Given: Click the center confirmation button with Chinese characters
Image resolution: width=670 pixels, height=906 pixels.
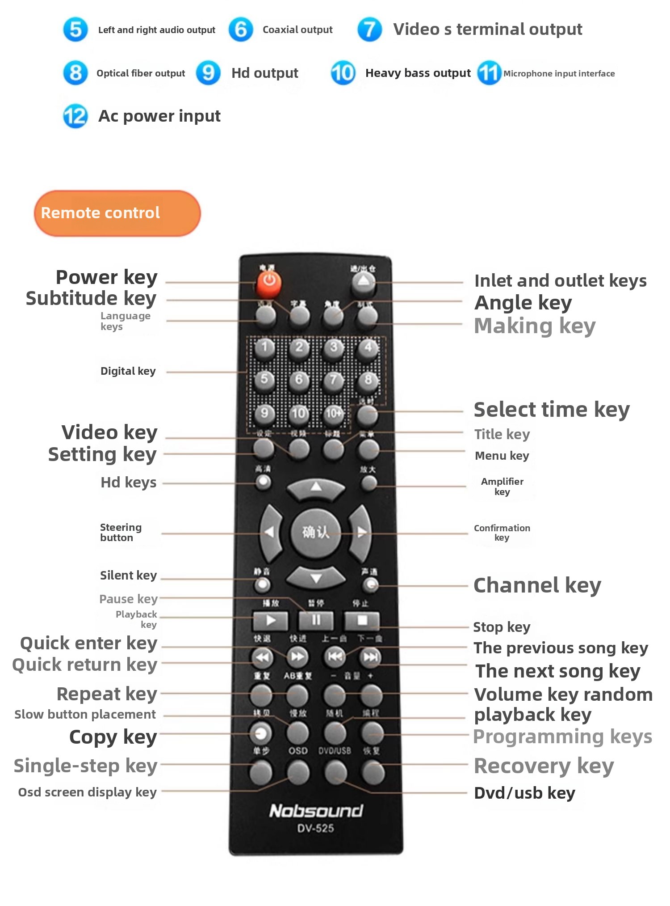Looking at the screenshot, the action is (x=316, y=532).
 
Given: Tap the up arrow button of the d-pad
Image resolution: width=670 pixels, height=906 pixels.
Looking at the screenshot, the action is (x=316, y=487).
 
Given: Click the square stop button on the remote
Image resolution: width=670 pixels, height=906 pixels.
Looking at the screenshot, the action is (x=362, y=620).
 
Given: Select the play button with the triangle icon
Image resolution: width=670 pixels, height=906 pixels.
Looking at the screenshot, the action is (x=270, y=620).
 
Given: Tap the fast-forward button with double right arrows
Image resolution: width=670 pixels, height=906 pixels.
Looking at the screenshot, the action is (x=297, y=657).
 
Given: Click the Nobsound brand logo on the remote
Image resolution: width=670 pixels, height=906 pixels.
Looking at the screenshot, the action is (x=316, y=811).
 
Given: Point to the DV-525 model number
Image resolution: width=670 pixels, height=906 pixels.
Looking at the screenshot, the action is (x=316, y=828).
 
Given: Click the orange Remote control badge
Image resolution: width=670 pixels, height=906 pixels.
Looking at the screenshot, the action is (x=117, y=213).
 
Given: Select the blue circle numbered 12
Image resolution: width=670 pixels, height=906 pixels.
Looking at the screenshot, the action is (x=75, y=116).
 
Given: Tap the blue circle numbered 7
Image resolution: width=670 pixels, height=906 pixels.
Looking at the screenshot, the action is (x=369, y=30).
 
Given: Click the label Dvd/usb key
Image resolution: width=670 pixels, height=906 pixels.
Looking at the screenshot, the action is (x=524, y=793).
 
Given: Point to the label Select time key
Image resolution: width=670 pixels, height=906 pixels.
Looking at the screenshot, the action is (x=552, y=410).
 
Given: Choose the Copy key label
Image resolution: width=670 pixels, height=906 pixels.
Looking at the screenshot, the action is (x=113, y=737).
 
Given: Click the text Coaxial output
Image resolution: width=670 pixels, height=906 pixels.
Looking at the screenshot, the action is (x=297, y=30).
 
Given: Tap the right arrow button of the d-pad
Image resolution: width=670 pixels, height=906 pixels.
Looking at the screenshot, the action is (x=361, y=532).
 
